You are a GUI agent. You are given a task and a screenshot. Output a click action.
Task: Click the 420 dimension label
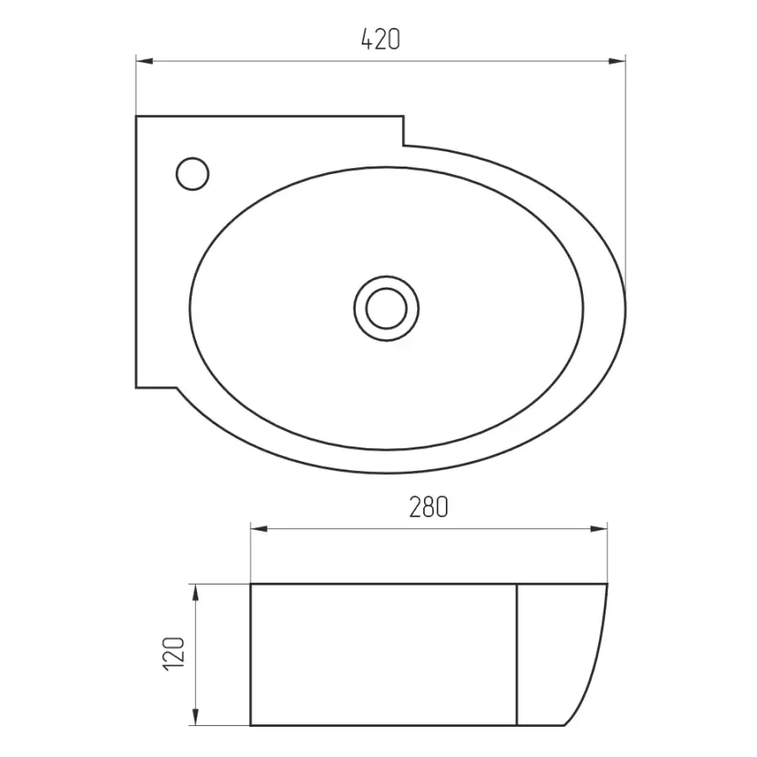click(380, 40)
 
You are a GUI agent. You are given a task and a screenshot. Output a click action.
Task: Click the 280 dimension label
click(429, 507)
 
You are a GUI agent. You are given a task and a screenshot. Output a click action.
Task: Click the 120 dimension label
click(174, 654)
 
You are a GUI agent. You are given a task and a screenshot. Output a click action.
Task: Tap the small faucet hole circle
click(193, 174)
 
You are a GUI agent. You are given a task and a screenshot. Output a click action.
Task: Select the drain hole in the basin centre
click(386, 309)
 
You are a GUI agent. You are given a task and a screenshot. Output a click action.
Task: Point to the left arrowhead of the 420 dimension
click(145, 61)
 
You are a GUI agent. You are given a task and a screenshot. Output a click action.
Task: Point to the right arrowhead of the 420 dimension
click(617, 61)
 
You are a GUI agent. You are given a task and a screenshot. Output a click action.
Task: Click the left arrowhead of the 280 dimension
click(259, 529)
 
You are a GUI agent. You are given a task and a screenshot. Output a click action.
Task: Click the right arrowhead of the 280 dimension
click(599, 529)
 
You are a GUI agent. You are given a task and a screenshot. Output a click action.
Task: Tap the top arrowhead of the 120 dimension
click(195, 593)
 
